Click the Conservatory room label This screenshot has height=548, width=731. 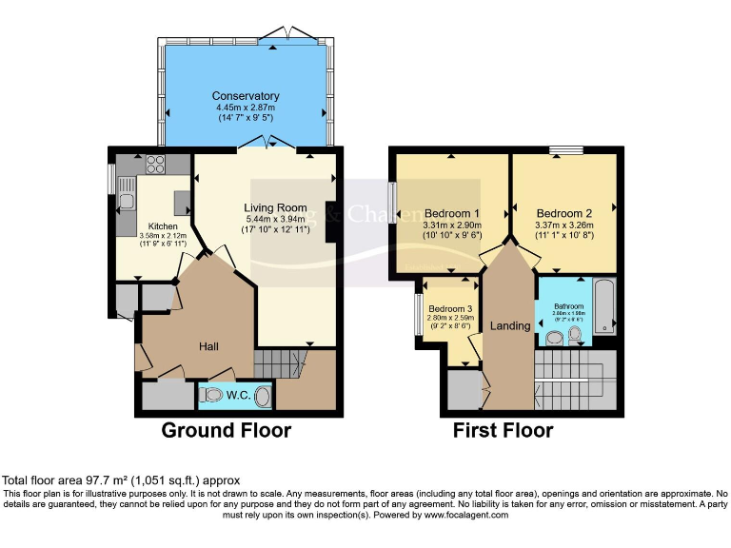246,96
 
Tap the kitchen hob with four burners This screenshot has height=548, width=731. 154,164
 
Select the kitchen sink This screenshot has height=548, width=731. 127,200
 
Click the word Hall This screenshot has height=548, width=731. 210,346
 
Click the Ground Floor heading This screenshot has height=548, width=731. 226,431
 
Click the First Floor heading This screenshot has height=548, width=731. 503,431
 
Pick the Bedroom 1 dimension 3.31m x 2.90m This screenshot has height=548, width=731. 452,225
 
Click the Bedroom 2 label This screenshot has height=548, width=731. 564,213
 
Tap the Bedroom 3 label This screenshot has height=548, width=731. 449,309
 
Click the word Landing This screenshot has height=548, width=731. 510,326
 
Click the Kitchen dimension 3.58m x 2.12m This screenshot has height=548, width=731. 148,236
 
